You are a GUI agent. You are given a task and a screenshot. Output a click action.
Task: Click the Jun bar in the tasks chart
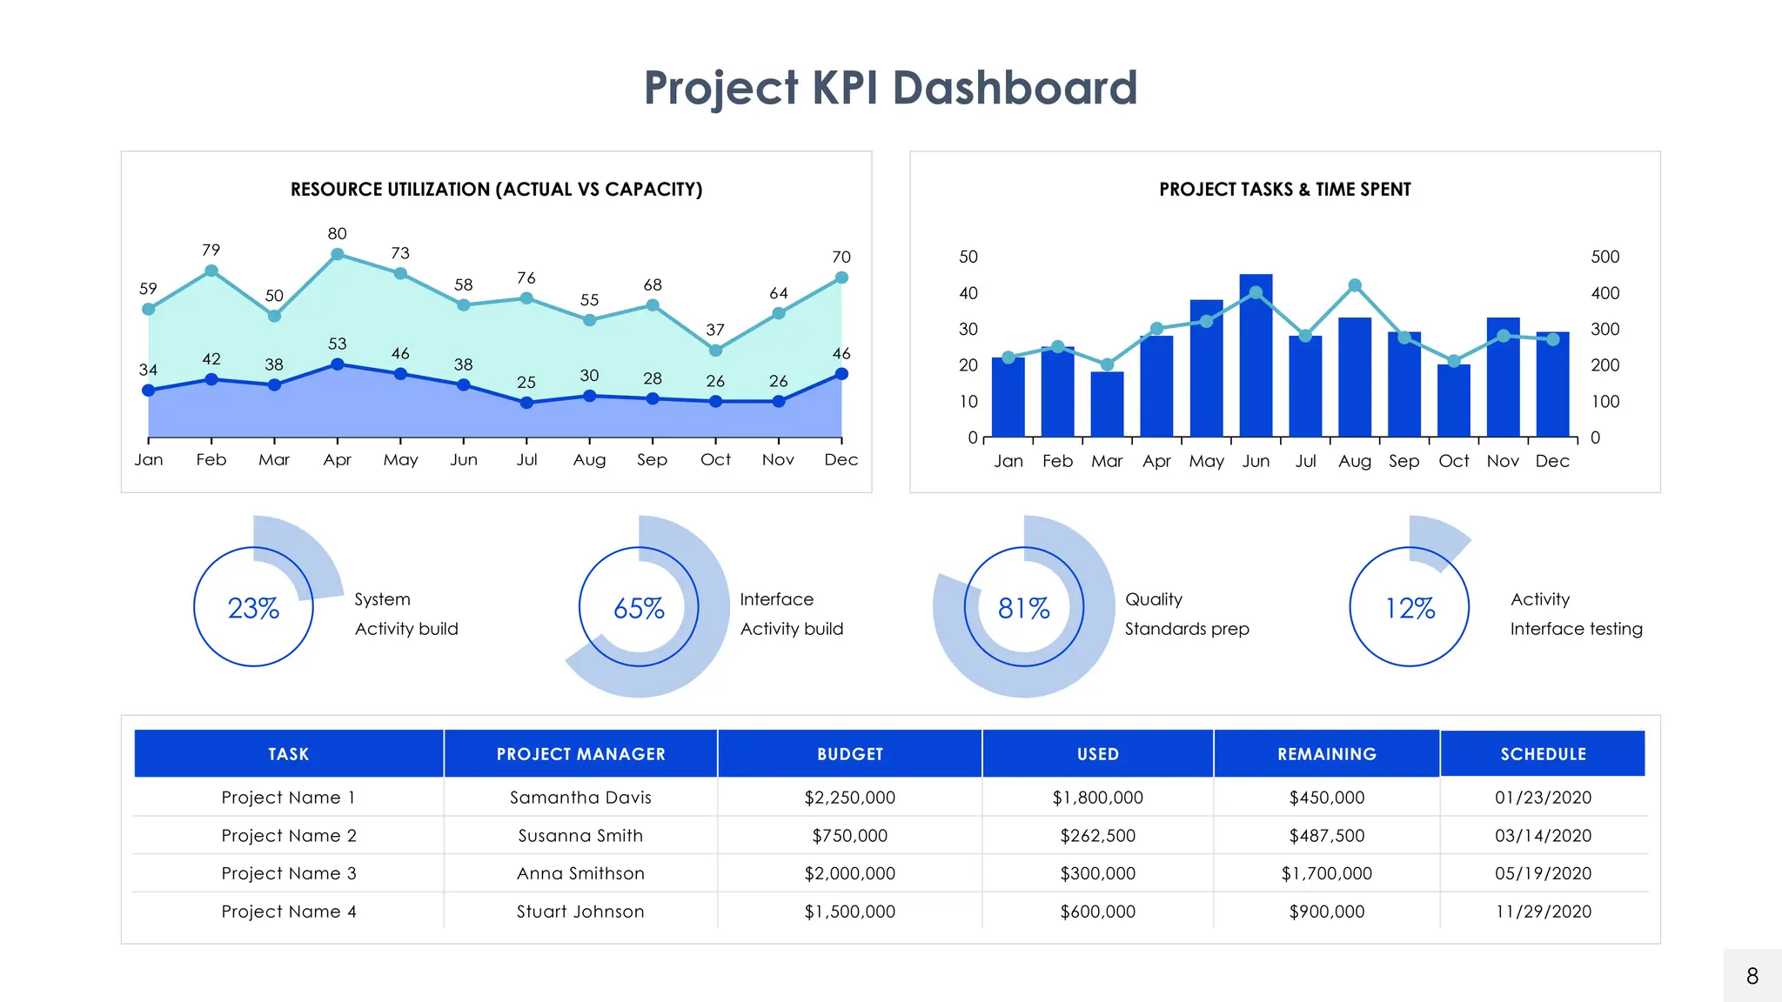[1256, 357]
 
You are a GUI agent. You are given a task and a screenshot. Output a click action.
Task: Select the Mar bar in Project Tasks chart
[1107, 404]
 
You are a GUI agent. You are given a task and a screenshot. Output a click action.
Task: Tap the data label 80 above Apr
[337, 234]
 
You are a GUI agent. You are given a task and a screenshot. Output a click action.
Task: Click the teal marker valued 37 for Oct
[715, 351]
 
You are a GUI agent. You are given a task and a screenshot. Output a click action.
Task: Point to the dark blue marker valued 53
[338, 364]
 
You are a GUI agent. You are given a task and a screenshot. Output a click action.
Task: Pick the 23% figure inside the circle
[253, 608]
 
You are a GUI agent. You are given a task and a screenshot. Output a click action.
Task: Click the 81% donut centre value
[1024, 608]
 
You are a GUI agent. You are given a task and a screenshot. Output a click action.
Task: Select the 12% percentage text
[1410, 608]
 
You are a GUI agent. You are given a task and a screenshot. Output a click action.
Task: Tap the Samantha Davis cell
[580, 798]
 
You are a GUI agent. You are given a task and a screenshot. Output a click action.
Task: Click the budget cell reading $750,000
[849, 836]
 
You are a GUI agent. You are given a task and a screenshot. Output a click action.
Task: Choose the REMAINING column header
[1326, 754]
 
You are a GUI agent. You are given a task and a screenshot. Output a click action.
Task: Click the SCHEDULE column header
[1543, 754]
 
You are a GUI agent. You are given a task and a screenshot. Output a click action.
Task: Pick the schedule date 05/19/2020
[1543, 873]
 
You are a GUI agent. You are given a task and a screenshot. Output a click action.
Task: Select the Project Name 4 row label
[289, 912]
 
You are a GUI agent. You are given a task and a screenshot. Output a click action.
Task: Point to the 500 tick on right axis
[1604, 257]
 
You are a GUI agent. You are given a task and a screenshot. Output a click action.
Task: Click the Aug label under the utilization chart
[589, 460]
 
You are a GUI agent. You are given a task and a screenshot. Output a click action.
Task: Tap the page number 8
[1752, 976]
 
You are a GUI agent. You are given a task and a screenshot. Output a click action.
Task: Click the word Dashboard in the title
[1015, 88]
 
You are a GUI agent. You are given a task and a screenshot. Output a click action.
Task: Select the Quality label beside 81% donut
[1153, 599]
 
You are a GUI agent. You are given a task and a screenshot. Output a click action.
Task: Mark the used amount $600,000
[1097, 912]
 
